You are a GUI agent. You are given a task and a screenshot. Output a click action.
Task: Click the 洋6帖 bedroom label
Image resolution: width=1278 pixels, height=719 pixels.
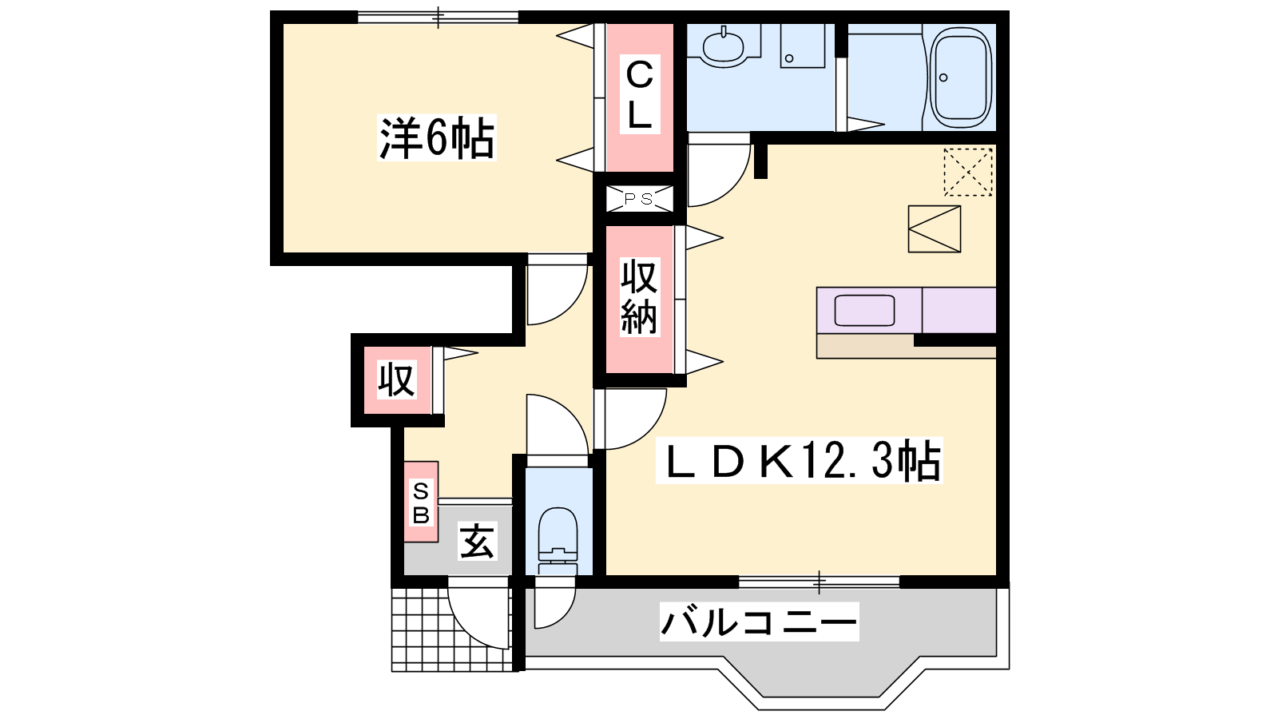[x=436, y=137]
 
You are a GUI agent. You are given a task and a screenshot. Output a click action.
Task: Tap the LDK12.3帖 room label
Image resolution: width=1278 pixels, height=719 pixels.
[x=799, y=460]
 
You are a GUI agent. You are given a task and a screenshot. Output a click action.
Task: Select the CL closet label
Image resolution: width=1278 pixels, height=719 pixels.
[x=640, y=94]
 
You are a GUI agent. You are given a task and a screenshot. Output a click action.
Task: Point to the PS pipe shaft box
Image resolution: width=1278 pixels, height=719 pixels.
[x=640, y=199]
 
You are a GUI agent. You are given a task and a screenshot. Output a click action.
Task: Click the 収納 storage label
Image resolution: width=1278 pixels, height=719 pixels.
[x=640, y=296]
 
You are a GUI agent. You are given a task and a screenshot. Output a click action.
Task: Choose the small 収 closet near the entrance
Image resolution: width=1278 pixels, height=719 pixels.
[x=396, y=379]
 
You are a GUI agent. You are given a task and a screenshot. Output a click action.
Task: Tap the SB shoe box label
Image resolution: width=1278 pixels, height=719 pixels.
[x=421, y=502]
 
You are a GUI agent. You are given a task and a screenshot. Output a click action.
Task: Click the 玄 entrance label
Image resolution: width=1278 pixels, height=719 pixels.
[x=477, y=541]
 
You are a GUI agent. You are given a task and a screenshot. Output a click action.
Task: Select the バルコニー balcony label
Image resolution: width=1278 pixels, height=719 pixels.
[x=759, y=622]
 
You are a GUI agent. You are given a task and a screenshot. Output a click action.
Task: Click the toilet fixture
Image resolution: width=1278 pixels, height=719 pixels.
[x=558, y=540]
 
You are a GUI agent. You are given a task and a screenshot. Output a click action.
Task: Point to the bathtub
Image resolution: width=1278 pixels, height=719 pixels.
[x=961, y=77]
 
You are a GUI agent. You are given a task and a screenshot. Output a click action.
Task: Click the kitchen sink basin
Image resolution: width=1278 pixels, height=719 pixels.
[x=863, y=311]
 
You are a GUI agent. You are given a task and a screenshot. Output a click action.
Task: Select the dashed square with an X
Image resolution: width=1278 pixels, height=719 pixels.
[x=967, y=172]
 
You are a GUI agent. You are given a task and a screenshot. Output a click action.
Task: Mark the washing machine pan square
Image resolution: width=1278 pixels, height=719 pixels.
[x=934, y=228]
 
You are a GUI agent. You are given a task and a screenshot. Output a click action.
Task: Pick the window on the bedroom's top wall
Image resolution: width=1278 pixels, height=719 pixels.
[x=438, y=17]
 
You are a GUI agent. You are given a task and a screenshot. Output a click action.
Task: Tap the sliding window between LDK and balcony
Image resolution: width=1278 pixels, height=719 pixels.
[x=819, y=582]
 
